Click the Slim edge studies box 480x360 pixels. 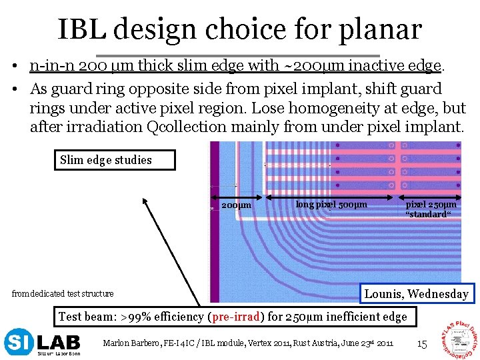pos(116,160)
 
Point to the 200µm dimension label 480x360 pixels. pos(236,205)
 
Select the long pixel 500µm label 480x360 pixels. pos(331,204)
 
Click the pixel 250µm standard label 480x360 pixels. pos(431,209)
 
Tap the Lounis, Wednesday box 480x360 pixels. pos(416,293)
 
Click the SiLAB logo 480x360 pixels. pos(43,343)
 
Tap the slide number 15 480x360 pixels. pos(421,344)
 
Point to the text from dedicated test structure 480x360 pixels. pos(63,293)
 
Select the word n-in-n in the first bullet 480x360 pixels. pos(51,65)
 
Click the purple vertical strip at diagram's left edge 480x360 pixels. pos(215,220)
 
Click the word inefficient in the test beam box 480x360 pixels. pos(347,317)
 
